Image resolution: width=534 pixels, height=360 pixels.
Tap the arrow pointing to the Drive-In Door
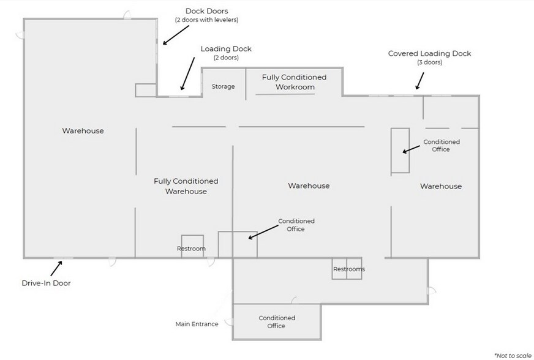point(56,268)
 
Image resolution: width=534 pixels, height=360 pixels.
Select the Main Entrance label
point(197,324)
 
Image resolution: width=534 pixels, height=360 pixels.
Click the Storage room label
point(223,86)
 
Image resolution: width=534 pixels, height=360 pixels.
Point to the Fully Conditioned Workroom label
point(294,82)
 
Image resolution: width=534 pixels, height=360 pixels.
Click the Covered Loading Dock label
point(429,53)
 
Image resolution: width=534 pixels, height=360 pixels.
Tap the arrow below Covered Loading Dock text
point(420,80)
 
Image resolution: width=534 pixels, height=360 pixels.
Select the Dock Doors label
point(206,11)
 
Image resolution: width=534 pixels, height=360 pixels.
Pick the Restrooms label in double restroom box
point(348,269)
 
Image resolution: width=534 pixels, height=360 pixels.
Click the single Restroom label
point(191,249)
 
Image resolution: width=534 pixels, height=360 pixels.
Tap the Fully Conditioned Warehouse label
point(186,186)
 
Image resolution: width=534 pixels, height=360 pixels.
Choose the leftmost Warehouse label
point(83,130)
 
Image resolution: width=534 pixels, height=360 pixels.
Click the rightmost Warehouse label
point(440,186)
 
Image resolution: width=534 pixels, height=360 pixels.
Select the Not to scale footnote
point(513,354)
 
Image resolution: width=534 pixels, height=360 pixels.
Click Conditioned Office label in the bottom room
point(277,322)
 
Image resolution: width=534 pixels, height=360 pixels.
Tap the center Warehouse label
point(309,186)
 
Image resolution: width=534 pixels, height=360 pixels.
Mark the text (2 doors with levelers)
point(206,20)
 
